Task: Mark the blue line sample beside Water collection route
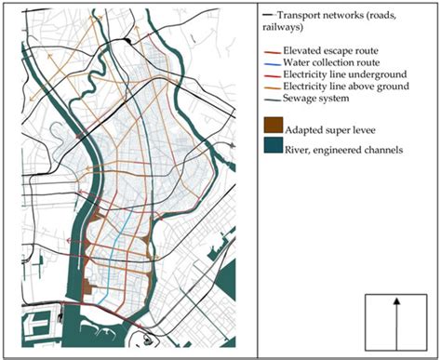[269, 64]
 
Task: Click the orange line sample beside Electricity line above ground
[269, 87]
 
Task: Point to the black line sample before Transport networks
[268, 16]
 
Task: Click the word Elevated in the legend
[299, 52]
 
